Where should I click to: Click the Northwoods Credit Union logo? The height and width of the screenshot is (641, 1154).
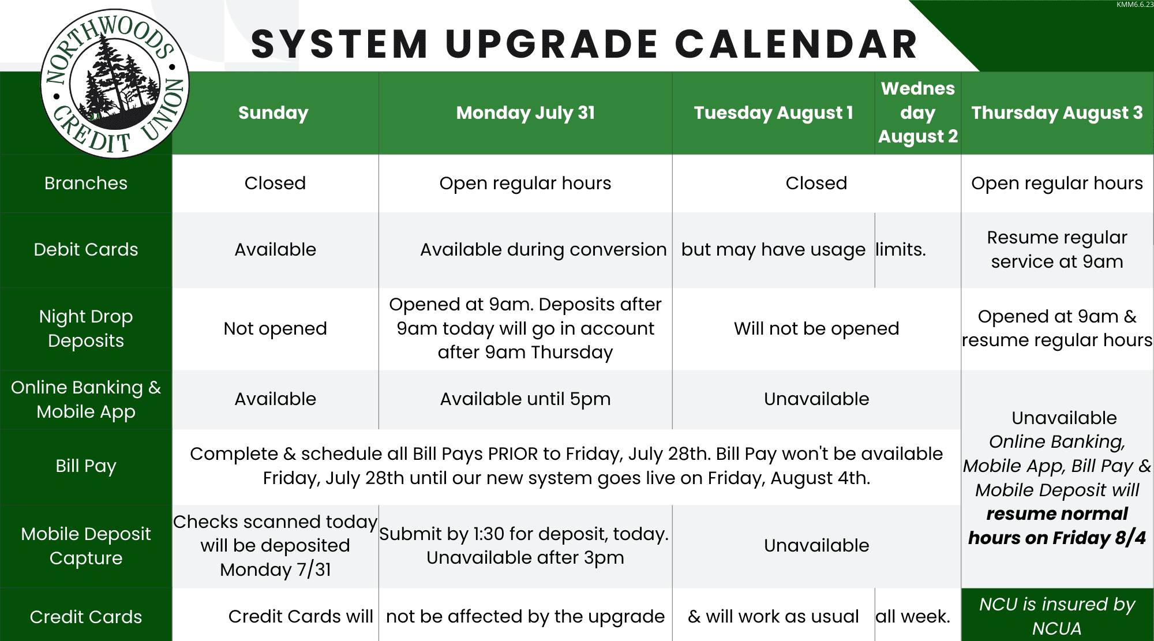tap(115, 84)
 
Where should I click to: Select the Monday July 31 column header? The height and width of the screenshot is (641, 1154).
tap(525, 113)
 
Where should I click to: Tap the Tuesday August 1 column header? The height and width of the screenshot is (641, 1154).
tap(773, 113)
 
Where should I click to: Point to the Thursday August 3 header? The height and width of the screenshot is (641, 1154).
tap(1057, 113)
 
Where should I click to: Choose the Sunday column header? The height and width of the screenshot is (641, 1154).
tap(273, 113)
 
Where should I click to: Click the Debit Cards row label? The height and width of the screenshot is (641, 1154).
tap(86, 249)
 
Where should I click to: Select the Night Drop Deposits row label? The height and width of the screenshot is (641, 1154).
tap(86, 328)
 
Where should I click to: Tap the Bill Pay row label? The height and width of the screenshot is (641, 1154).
tap(86, 466)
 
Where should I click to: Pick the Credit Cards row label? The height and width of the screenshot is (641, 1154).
tap(86, 617)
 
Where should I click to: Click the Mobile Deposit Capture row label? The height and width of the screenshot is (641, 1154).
tap(86, 546)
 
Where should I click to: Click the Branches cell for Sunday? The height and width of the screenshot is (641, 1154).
tap(275, 183)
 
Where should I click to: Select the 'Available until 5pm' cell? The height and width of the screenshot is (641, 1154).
tap(525, 399)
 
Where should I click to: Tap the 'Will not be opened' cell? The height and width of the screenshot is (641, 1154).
tap(816, 328)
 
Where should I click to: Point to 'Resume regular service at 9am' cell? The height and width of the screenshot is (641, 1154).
tap(1057, 249)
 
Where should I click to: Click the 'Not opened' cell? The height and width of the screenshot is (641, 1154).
tap(275, 328)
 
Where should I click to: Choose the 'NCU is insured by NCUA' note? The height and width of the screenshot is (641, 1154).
tap(1057, 616)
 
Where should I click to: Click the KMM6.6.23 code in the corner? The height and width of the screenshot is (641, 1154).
tap(1134, 5)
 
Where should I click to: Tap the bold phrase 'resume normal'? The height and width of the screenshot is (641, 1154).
tap(1057, 513)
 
